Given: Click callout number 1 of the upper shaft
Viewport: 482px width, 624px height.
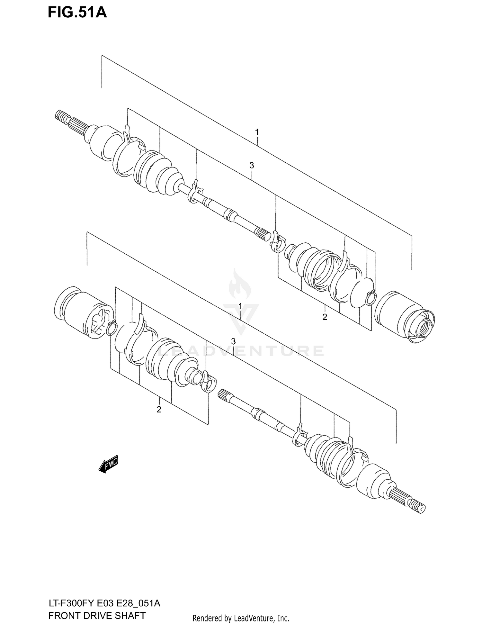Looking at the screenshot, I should tap(257, 132).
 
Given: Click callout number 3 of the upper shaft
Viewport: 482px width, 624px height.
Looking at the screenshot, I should tap(252, 165).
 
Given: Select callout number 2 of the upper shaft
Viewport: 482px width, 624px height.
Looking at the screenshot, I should tap(325, 317).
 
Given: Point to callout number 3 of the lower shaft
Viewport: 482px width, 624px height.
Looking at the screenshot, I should tap(233, 341).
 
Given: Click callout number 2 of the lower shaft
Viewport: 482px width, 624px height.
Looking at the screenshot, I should tap(159, 409).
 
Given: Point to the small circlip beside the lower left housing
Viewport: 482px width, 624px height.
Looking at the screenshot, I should tap(111, 328).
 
